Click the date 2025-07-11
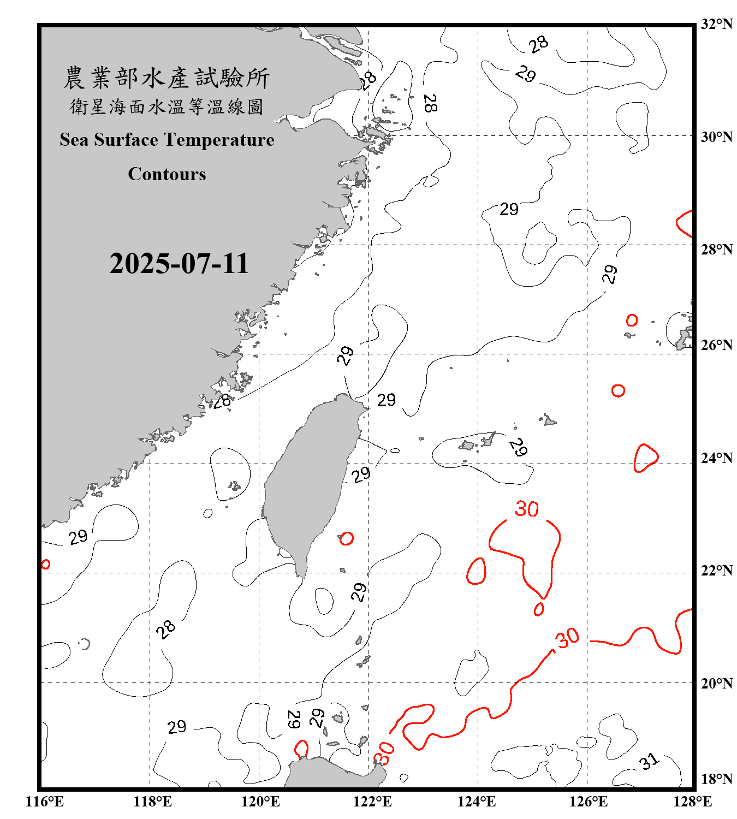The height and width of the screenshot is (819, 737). (179, 263)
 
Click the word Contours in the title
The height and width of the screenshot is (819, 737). (167, 174)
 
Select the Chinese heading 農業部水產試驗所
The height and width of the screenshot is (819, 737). (167, 78)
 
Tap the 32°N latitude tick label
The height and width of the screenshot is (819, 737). (716, 24)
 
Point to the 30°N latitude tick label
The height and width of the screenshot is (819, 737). (716, 136)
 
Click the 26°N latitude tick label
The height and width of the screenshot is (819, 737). (716, 345)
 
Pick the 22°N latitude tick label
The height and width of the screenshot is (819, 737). (716, 571)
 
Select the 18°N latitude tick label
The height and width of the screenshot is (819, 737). (716, 779)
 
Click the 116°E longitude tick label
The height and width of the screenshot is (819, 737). (45, 802)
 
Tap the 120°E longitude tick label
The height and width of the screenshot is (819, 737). (260, 802)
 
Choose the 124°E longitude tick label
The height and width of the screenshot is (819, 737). (477, 802)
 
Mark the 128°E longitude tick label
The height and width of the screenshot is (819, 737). (692, 802)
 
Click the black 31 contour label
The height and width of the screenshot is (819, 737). (649, 761)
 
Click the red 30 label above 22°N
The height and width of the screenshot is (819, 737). (527, 509)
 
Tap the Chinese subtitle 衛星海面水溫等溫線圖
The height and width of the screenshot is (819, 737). (167, 106)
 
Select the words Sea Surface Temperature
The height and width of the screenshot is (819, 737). (167, 140)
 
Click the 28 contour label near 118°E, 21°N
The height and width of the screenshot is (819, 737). (165, 629)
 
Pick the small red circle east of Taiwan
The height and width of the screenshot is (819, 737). (346, 538)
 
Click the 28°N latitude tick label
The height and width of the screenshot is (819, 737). (716, 250)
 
